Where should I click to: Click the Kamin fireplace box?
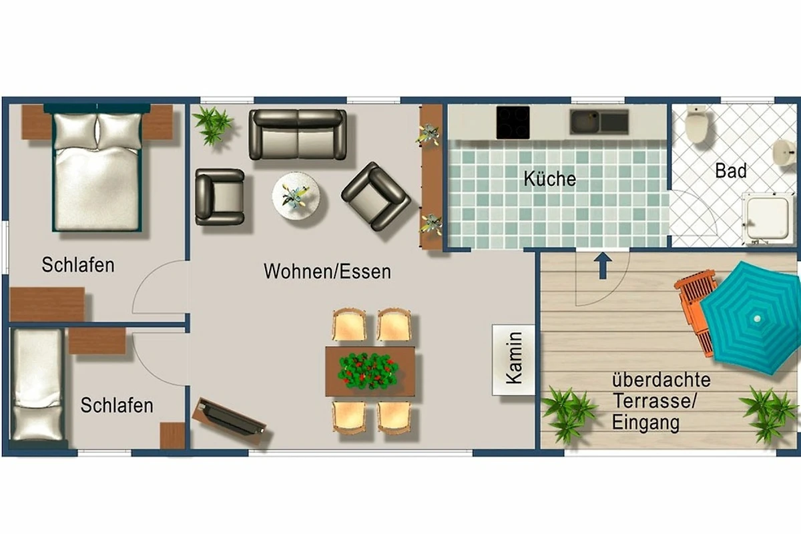(x=513, y=360)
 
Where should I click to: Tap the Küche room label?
(x=549, y=178)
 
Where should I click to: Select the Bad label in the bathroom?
(x=731, y=171)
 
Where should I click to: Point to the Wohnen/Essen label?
(x=327, y=271)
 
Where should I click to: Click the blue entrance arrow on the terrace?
(x=603, y=266)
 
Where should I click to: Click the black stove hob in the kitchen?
(x=513, y=122)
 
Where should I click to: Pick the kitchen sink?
(x=599, y=122)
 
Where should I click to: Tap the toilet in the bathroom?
(x=696, y=123)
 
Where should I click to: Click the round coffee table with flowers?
(x=296, y=196)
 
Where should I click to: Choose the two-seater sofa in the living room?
(x=298, y=134)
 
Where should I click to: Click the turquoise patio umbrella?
(x=753, y=318)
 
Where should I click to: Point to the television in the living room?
(x=229, y=421)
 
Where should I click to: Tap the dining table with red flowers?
(x=370, y=371)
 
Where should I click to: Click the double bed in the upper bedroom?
(x=97, y=168)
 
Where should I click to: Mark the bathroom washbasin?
(x=786, y=153)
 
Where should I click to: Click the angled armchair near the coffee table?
(x=376, y=196)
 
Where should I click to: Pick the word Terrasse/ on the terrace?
(x=655, y=401)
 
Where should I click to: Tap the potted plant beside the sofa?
(x=212, y=125)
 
